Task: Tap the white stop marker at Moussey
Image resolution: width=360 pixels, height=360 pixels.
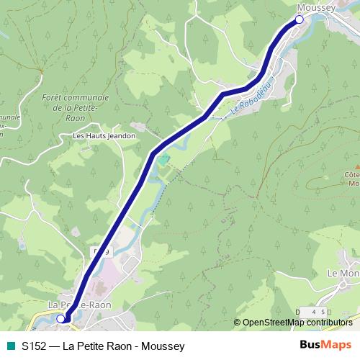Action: pos(300,20)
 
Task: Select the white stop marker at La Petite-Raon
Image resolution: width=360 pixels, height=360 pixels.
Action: pos(62,318)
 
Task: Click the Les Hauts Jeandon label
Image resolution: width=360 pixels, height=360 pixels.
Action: pos(104,135)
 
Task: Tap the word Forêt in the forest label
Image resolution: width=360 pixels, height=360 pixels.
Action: pos(55,97)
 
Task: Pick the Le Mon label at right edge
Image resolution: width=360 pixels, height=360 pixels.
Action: pos(343,274)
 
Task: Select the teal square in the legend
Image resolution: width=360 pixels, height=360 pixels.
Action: pos(10,346)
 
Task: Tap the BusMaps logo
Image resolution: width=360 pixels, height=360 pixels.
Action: pos(325,346)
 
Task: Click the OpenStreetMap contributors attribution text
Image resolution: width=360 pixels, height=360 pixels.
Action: pos(297,323)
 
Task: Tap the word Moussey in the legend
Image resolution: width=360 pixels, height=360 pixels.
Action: pos(166,346)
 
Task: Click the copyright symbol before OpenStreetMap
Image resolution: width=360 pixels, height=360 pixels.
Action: pos(238,323)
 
